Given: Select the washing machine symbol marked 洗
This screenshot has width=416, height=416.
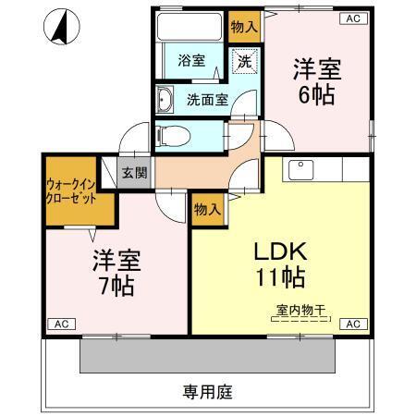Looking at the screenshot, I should point(244,62).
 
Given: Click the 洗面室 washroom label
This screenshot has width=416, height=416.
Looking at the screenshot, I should point(207,100).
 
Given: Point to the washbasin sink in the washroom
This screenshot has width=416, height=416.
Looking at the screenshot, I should point(166,100).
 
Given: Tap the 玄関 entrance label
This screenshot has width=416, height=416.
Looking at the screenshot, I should point(131,173).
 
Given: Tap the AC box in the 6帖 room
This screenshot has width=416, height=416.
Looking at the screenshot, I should point(352,18).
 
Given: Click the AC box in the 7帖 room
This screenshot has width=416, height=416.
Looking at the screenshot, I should point(60,324).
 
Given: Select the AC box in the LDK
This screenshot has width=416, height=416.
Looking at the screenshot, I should point(353,324).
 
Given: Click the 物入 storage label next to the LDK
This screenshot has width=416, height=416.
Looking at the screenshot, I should point(206,210).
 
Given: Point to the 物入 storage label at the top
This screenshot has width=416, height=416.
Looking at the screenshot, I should point(244,27).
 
